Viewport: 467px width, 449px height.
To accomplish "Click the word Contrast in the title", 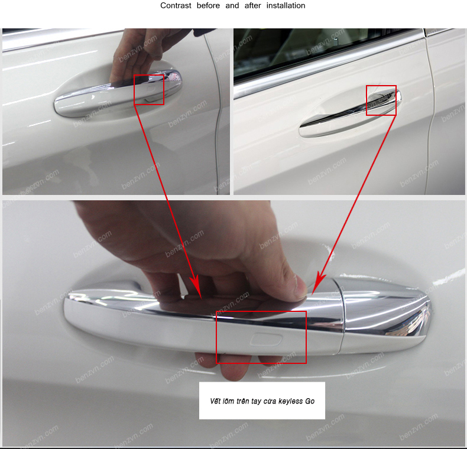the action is [x=176, y=5].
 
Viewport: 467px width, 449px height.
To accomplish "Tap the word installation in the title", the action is [x=286, y=5].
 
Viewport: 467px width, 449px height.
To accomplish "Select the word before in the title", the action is [x=208, y=5].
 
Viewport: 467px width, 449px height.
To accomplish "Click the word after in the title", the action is [x=252, y=5].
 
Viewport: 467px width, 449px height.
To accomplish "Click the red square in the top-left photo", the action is [x=134, y=90].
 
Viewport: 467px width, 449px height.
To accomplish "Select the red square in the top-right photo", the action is [x=367, y=100].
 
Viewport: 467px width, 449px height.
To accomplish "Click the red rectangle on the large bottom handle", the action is [x=216, y=337].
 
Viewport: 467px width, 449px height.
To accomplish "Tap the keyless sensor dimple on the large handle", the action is [x=266, y=339].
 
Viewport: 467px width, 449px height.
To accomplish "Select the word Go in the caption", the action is [x=310, y=401].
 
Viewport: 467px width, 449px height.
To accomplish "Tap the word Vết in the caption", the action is [x=215, y=401].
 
